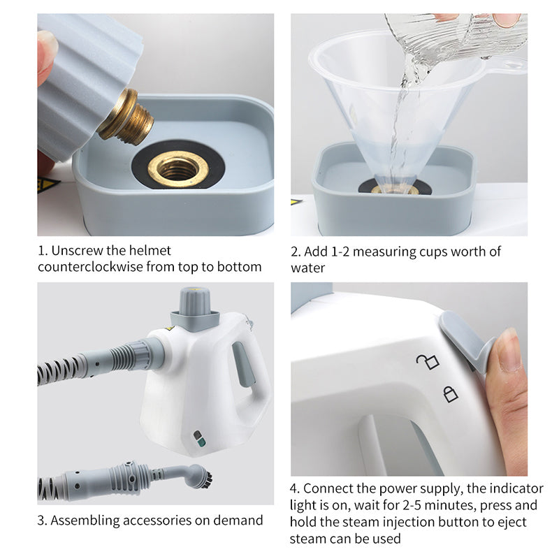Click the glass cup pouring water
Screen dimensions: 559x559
pyautogui.click(x=461, y=31)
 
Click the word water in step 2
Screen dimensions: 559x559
pyautogui.click(x=307, y=268)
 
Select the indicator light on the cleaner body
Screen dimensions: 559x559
pyautogui.click(x=200, y=439)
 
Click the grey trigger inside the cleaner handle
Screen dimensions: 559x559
pyautogui.click(x=241, y=363)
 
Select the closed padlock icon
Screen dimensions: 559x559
pyautogui.click(x=451, y=394)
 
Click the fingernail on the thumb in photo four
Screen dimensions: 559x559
pyautogui.click(x=509, y=349)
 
